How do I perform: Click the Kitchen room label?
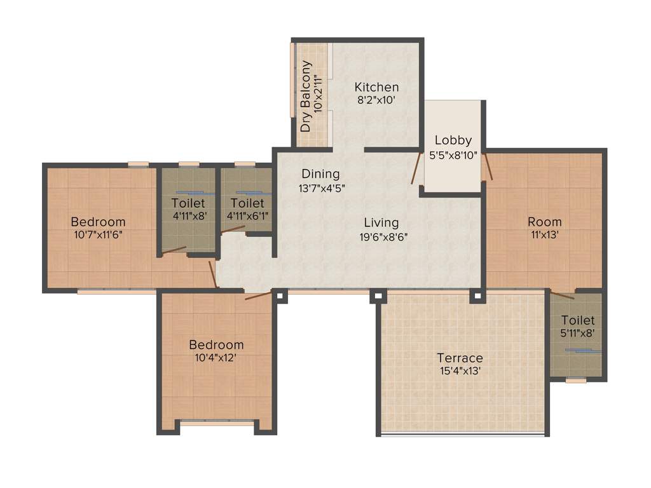(376, 87)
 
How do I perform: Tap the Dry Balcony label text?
(306, 96)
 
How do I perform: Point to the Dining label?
(320, 173)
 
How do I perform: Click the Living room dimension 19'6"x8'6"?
(381, 236)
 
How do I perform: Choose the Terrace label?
(460, 358)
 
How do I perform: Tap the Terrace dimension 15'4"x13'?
(460, 371)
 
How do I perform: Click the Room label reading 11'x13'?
(544, 222)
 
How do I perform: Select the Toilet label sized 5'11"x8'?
(578, 321)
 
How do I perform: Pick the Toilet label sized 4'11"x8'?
(188, 203)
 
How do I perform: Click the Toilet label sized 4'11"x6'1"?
(247, 203)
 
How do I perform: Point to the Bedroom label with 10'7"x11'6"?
(98, 222)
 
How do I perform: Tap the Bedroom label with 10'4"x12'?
(216, 344)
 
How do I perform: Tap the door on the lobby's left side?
(416, 168)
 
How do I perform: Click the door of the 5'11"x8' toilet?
(563, 295)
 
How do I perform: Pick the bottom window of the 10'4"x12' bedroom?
(216, 423)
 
